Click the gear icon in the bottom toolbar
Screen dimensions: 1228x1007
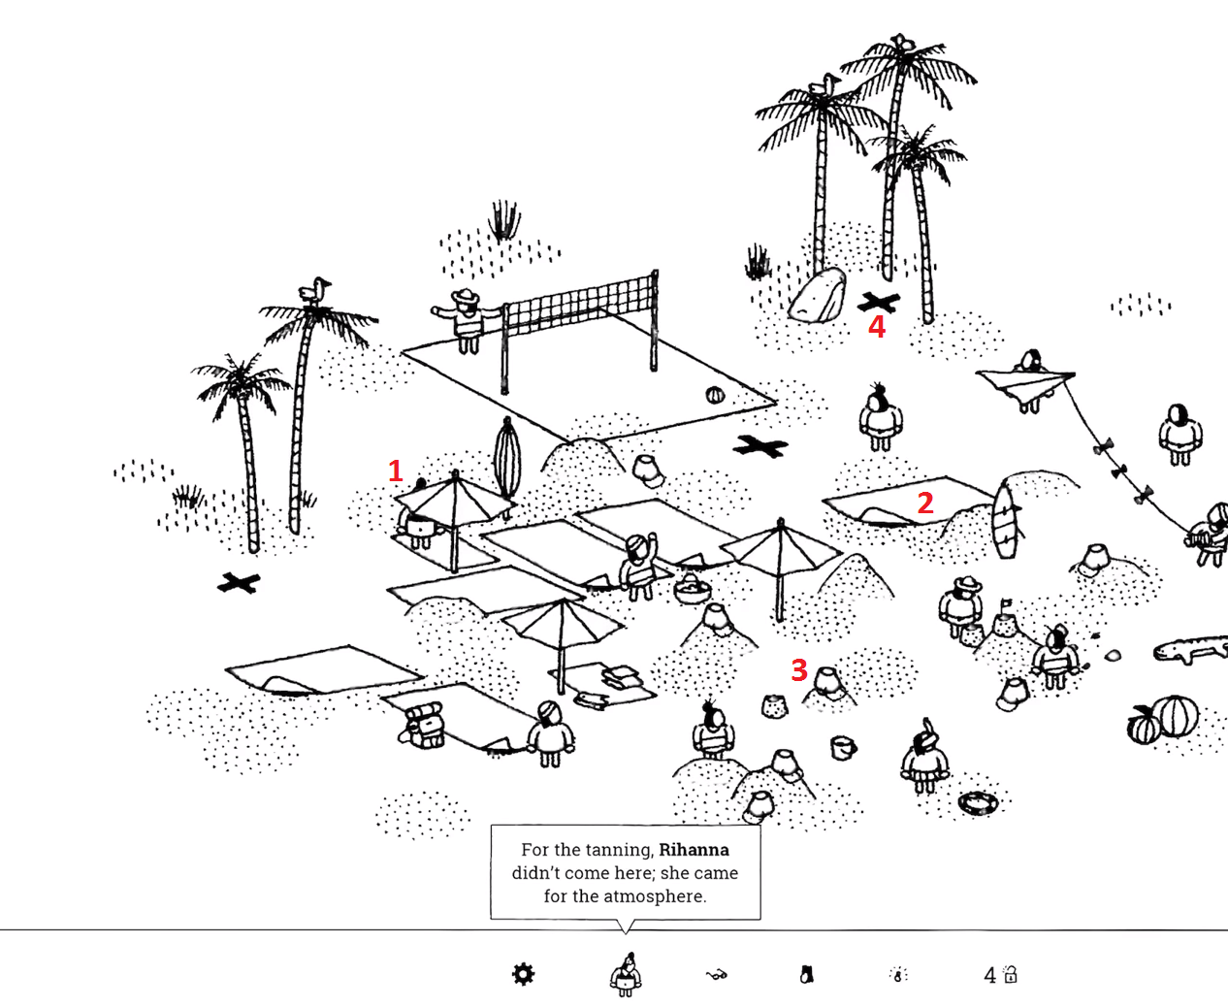point(523,974)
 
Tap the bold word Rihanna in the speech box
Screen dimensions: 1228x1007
point(694,850)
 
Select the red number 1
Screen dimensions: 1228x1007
point(396,470)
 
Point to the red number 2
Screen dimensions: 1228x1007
point(925,503)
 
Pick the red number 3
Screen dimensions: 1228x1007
point(799,669)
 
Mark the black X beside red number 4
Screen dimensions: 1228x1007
point(878,303)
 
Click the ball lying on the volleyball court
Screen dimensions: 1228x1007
point(715,395)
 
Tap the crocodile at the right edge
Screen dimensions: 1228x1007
point(1191,648)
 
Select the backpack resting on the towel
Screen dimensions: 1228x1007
point(422,725)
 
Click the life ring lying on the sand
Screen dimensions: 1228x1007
point(978,803)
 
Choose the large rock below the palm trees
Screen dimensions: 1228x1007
point(817,294)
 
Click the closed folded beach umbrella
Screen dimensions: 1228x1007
point(506,466)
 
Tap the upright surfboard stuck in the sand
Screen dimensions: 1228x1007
point(1006,520)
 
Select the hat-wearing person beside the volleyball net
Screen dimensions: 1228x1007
point(465,320)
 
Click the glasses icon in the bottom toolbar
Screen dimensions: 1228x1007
point(716,974)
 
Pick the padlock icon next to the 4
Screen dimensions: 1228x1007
point(1010,974)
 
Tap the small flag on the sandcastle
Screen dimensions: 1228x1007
point(1006,602)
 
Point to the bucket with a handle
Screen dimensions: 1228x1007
point(843,747)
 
